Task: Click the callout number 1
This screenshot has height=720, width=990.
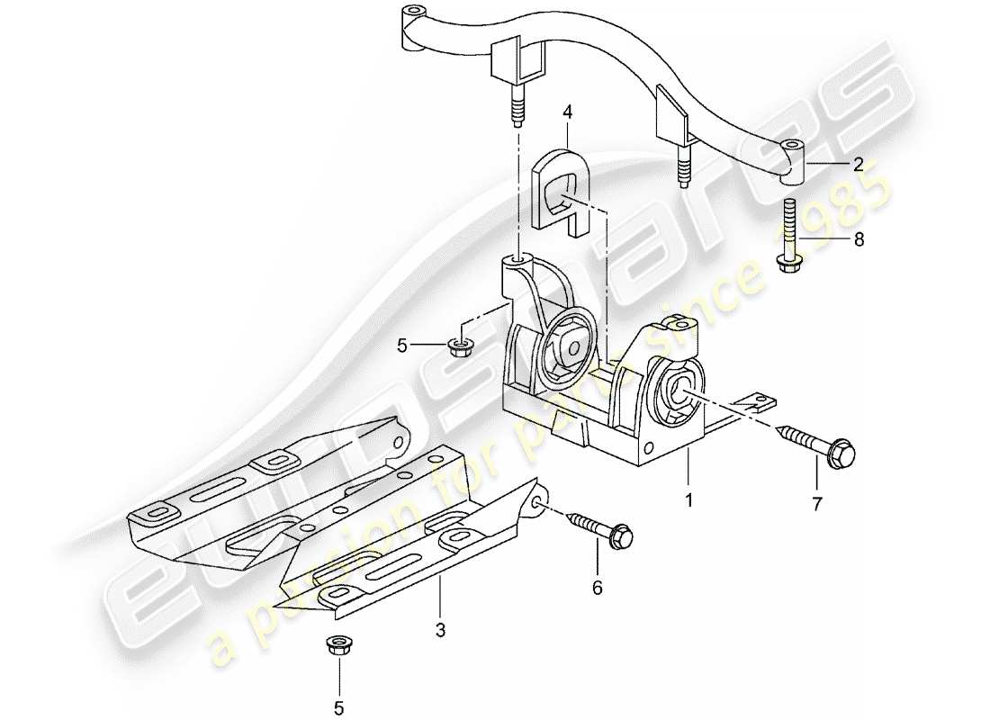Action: click(689, 498)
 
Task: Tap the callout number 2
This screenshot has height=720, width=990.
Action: click(858, 164)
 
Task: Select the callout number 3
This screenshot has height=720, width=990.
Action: click(440, 631)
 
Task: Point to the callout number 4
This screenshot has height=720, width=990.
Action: click(568, 113)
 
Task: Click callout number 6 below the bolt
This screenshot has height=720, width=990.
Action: click(598, 588)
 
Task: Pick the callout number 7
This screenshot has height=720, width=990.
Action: click(817, 505)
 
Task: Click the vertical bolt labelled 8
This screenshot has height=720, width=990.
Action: click(789, 236)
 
